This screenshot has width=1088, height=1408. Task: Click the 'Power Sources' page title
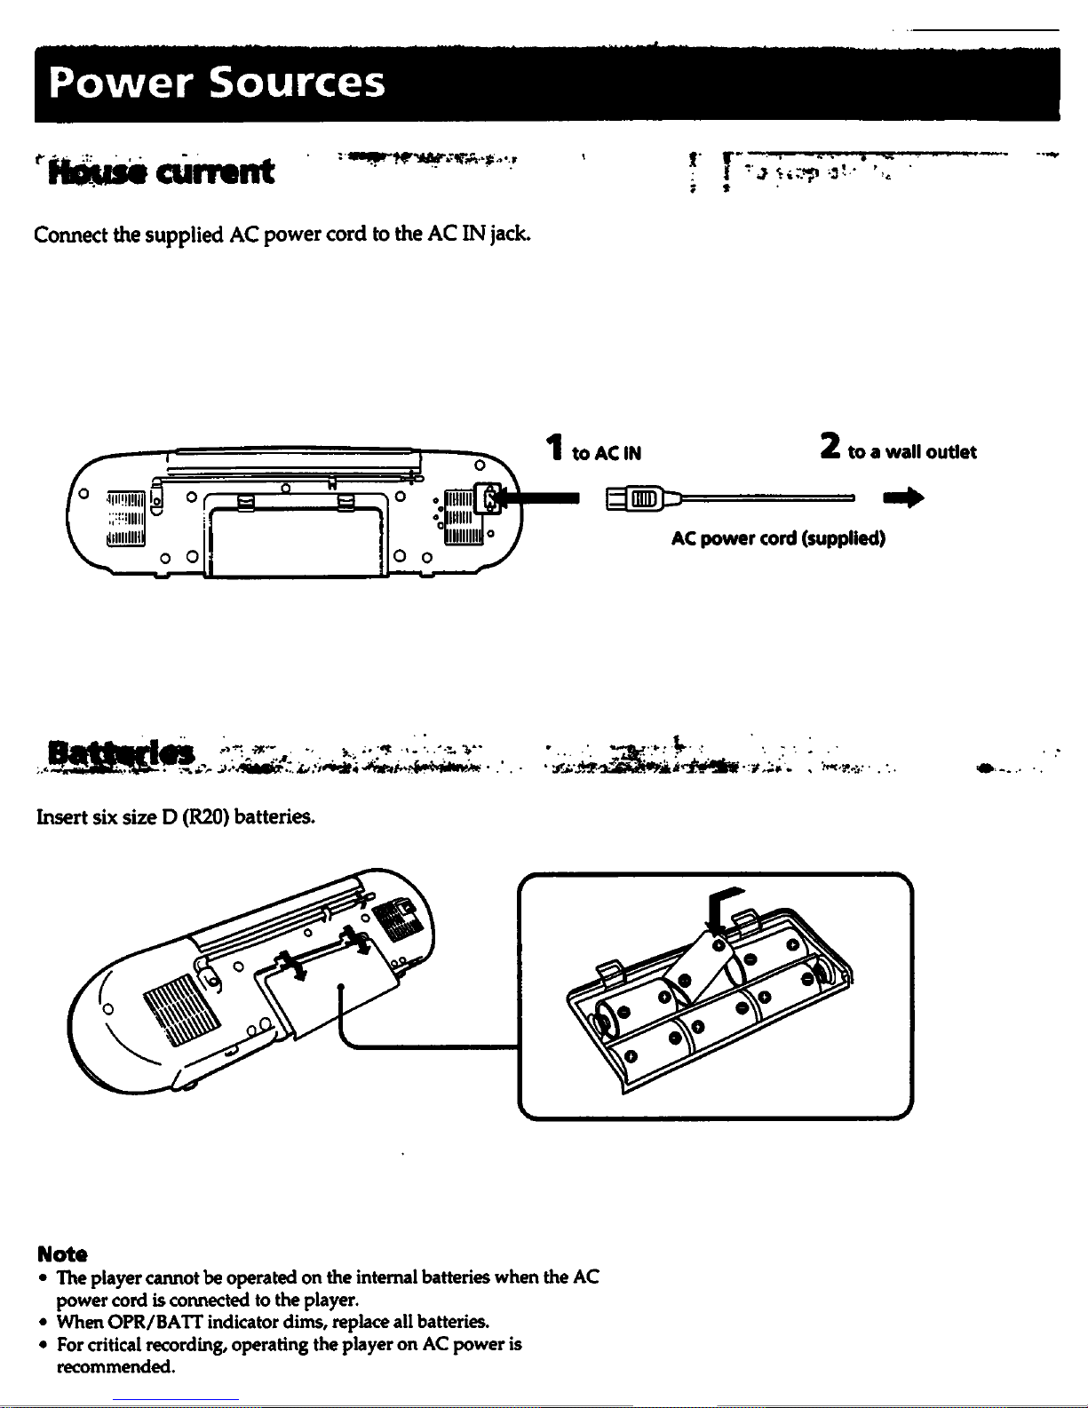pos(218,83)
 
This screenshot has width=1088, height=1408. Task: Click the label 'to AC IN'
pos(607,453)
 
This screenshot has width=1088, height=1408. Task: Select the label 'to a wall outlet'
pos(912,452)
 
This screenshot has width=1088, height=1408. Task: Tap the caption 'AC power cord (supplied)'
pos(778,538)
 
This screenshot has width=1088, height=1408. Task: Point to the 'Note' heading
pos(62,1254)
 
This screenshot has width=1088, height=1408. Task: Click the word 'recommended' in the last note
pos(114,1367)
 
